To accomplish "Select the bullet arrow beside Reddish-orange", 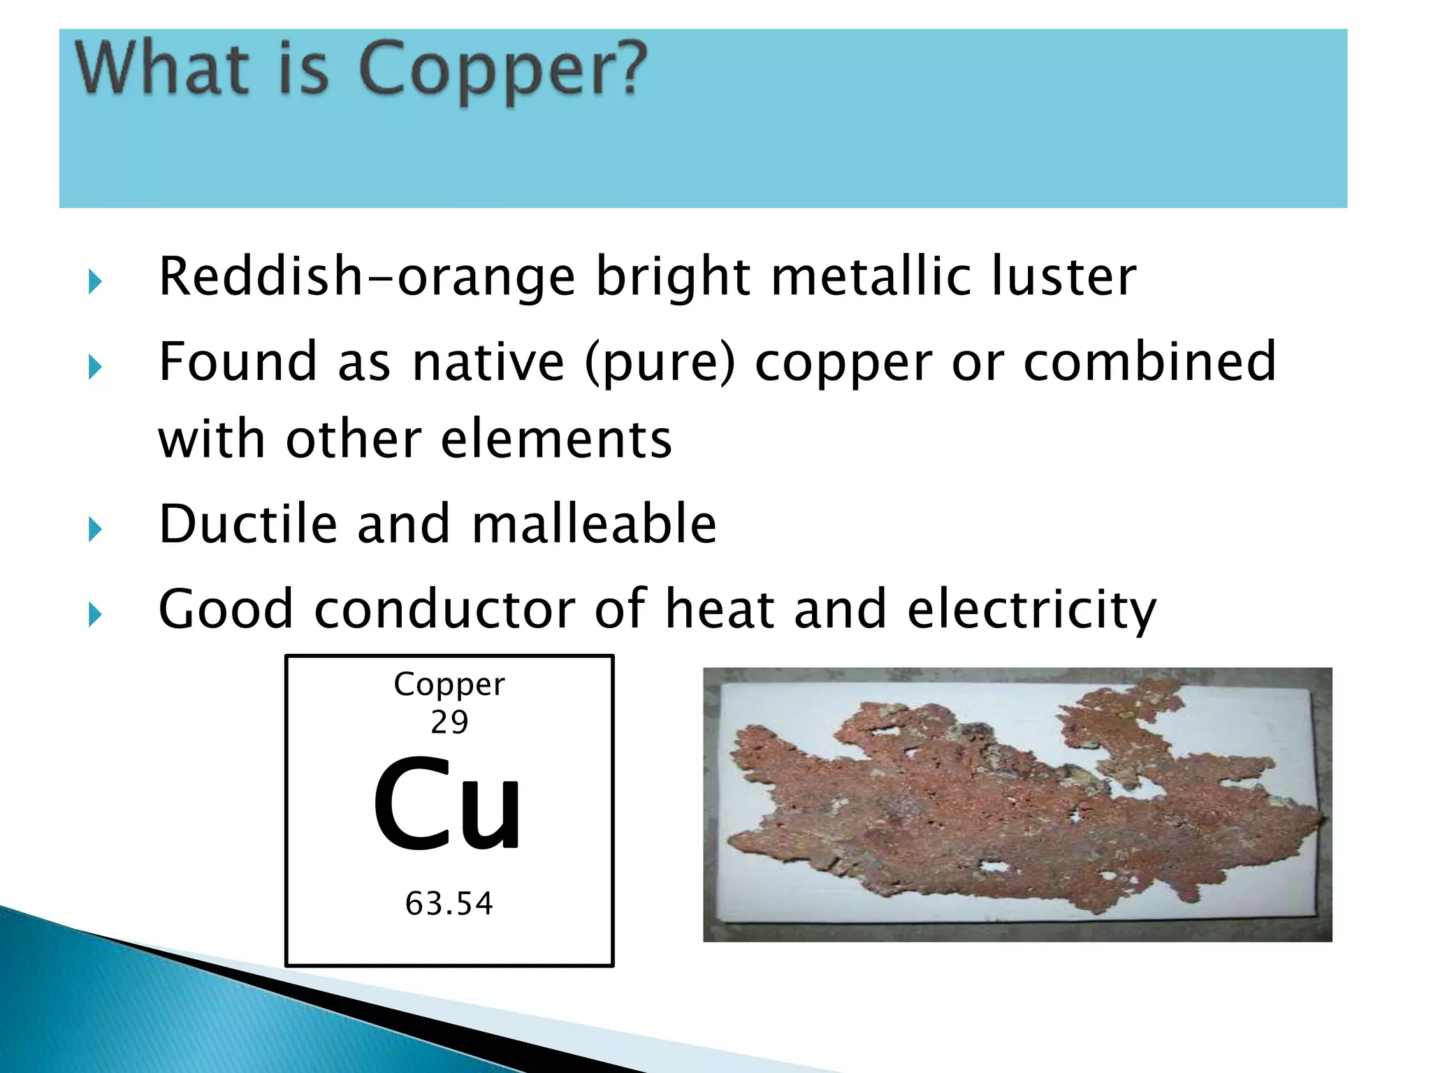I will [96, 283].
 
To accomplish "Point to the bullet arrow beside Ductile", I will [96, 530].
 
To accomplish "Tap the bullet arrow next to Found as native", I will [96, 367].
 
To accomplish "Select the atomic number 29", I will [449, 722].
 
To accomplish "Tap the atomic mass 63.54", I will [449, 903].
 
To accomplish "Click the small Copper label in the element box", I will [449, 685].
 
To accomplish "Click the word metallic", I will [871, 277].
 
